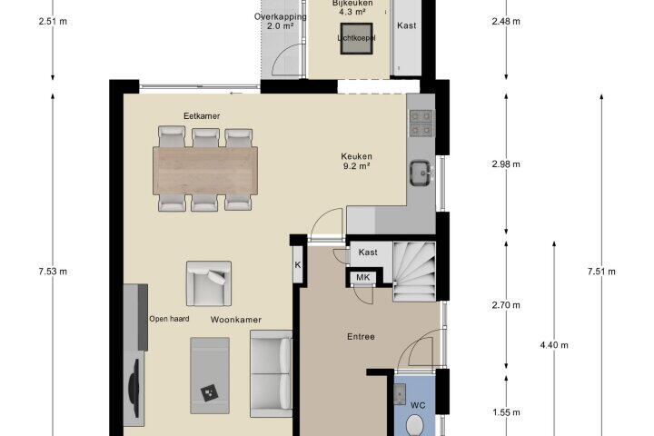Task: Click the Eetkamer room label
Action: tap(202, 116)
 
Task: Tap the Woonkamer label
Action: tap(236, 320)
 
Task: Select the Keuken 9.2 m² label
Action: tap(356, 161)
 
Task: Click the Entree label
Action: tap(361, 336)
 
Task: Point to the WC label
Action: tap(418, 405)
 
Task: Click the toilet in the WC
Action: tap(415, 425)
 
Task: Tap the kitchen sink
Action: tap(420, 173)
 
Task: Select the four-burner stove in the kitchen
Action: tap(421, 124)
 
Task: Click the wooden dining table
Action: tap(204, 170)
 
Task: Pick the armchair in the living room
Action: tap(209, 283)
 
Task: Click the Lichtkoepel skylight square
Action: tap(356, 38)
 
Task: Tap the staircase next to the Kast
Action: tap(414, 272)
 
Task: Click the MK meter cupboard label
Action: tap(362, 277)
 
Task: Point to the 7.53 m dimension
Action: tap(53, 272)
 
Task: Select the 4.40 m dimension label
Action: tap(554, 344)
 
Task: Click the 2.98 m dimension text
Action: tap(506, 164)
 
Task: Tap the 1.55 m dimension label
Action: tap(506, 412)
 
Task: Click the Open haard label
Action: tap(169, 319)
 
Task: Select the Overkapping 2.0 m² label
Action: tap(280, 21)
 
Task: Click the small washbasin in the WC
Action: tap(400, 394)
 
